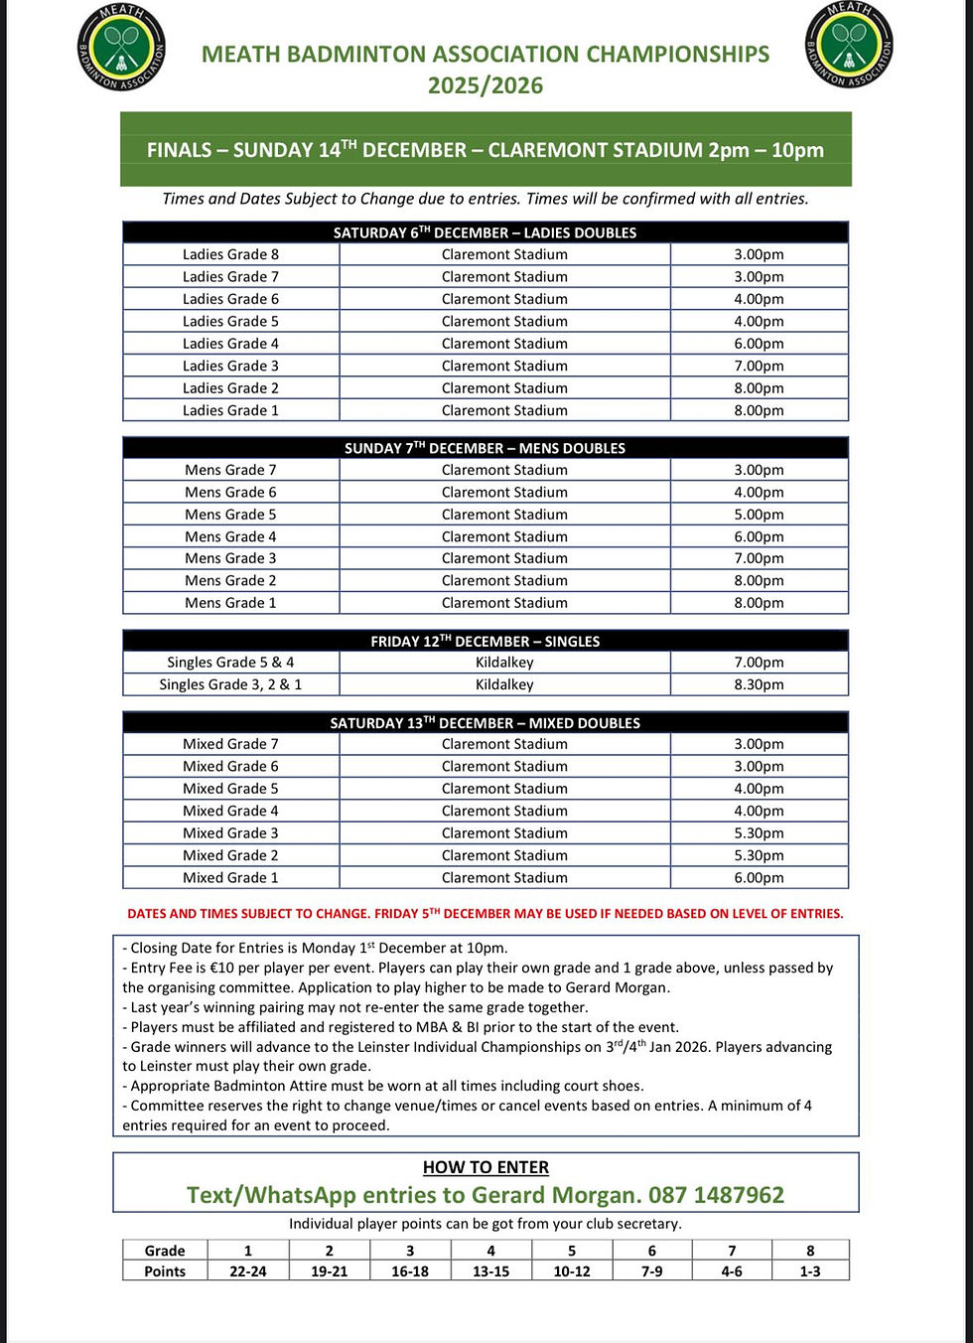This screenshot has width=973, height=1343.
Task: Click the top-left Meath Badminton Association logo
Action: click(x=121, y=48)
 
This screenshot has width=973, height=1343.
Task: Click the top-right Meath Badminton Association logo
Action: click(x=849, y=45)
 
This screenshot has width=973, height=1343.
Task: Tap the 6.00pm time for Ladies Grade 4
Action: click(x=759, y=344)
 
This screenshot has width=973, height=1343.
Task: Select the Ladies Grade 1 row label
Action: click(x=230, y=410)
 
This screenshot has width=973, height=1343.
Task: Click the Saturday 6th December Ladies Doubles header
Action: click(x=485, y=232)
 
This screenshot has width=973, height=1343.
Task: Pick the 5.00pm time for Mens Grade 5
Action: click(x=759, y=515)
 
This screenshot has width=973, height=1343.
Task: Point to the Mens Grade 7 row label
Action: click(x=230, y=470)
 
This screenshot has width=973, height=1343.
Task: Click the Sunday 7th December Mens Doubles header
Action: click(x=485, y=448)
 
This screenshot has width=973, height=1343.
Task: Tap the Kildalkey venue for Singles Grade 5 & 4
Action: click(x=504, y=663)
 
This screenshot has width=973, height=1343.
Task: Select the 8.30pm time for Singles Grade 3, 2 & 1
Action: click(x=759, y=684)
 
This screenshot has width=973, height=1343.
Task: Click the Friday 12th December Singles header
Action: click(x=485, y=642)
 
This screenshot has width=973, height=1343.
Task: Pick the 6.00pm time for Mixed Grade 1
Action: click(x=759, y=878)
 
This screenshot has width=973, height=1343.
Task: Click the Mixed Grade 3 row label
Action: click(x=230, y=833)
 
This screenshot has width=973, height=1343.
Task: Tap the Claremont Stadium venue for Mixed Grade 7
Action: click(x=504, y=744)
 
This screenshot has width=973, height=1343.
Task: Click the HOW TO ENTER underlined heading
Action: click(x=486, y=1167)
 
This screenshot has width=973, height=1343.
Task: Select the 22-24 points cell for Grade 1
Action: click(x=247, y=1271)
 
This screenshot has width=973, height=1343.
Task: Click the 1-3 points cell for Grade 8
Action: click(x=810, y=1271)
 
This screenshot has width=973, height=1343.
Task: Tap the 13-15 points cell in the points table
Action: click(x=490, y=1271)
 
